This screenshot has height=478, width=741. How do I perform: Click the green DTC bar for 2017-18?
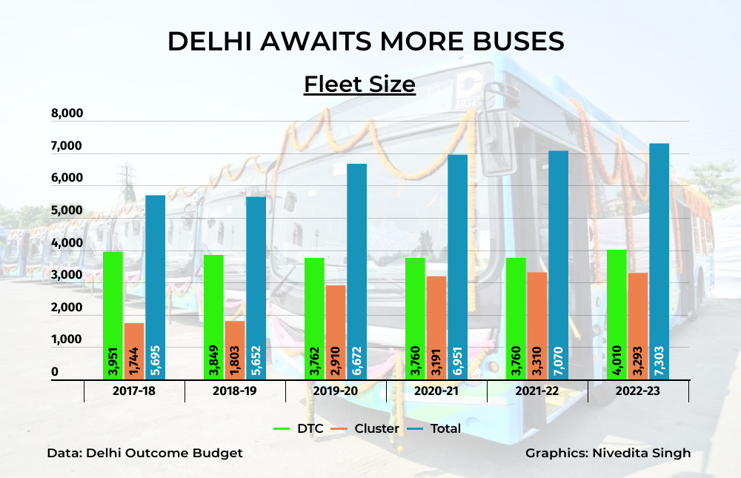click(x=113, y=296)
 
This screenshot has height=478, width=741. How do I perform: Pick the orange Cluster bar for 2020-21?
click(x=436, y=311)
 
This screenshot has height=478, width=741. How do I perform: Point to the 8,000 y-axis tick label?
click(x=67, y=114)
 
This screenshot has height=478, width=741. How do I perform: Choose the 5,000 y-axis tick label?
click(x=67, y=210)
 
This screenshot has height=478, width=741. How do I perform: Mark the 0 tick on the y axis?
click(x=54, y=372)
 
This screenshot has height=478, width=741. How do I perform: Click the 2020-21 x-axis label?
click(x=436, y=391)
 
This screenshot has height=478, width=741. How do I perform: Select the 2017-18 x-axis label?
click(x=134, y=391)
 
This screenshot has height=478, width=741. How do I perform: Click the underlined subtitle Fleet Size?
click(x=359, y=84)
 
